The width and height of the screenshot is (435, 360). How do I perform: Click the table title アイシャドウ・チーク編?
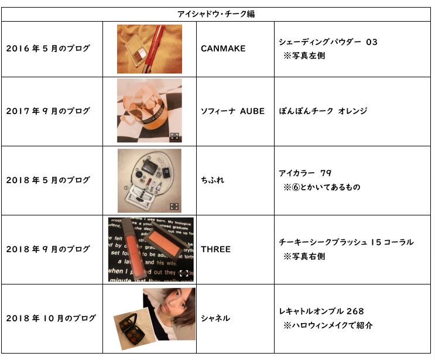216,14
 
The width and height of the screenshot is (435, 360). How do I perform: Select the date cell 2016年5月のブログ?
48,49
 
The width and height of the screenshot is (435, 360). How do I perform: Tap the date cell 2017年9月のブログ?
48,111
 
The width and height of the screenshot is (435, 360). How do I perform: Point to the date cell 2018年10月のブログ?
51,318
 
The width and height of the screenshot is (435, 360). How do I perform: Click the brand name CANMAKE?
223,49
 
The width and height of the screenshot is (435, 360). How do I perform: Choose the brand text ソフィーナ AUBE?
232,111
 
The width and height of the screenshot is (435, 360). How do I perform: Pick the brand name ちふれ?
213,180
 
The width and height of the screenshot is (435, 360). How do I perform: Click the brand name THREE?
215,249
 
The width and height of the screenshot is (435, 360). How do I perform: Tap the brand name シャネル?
215,318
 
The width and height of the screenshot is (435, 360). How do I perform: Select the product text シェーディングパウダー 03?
328,42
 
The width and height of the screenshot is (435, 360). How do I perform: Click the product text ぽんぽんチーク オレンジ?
323,111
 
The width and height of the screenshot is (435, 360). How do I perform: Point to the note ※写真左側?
304,56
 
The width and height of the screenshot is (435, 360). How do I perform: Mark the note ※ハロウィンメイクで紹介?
328,325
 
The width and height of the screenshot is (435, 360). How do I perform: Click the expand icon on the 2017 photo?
174,136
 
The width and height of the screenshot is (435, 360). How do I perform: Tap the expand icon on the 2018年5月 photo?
174,207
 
